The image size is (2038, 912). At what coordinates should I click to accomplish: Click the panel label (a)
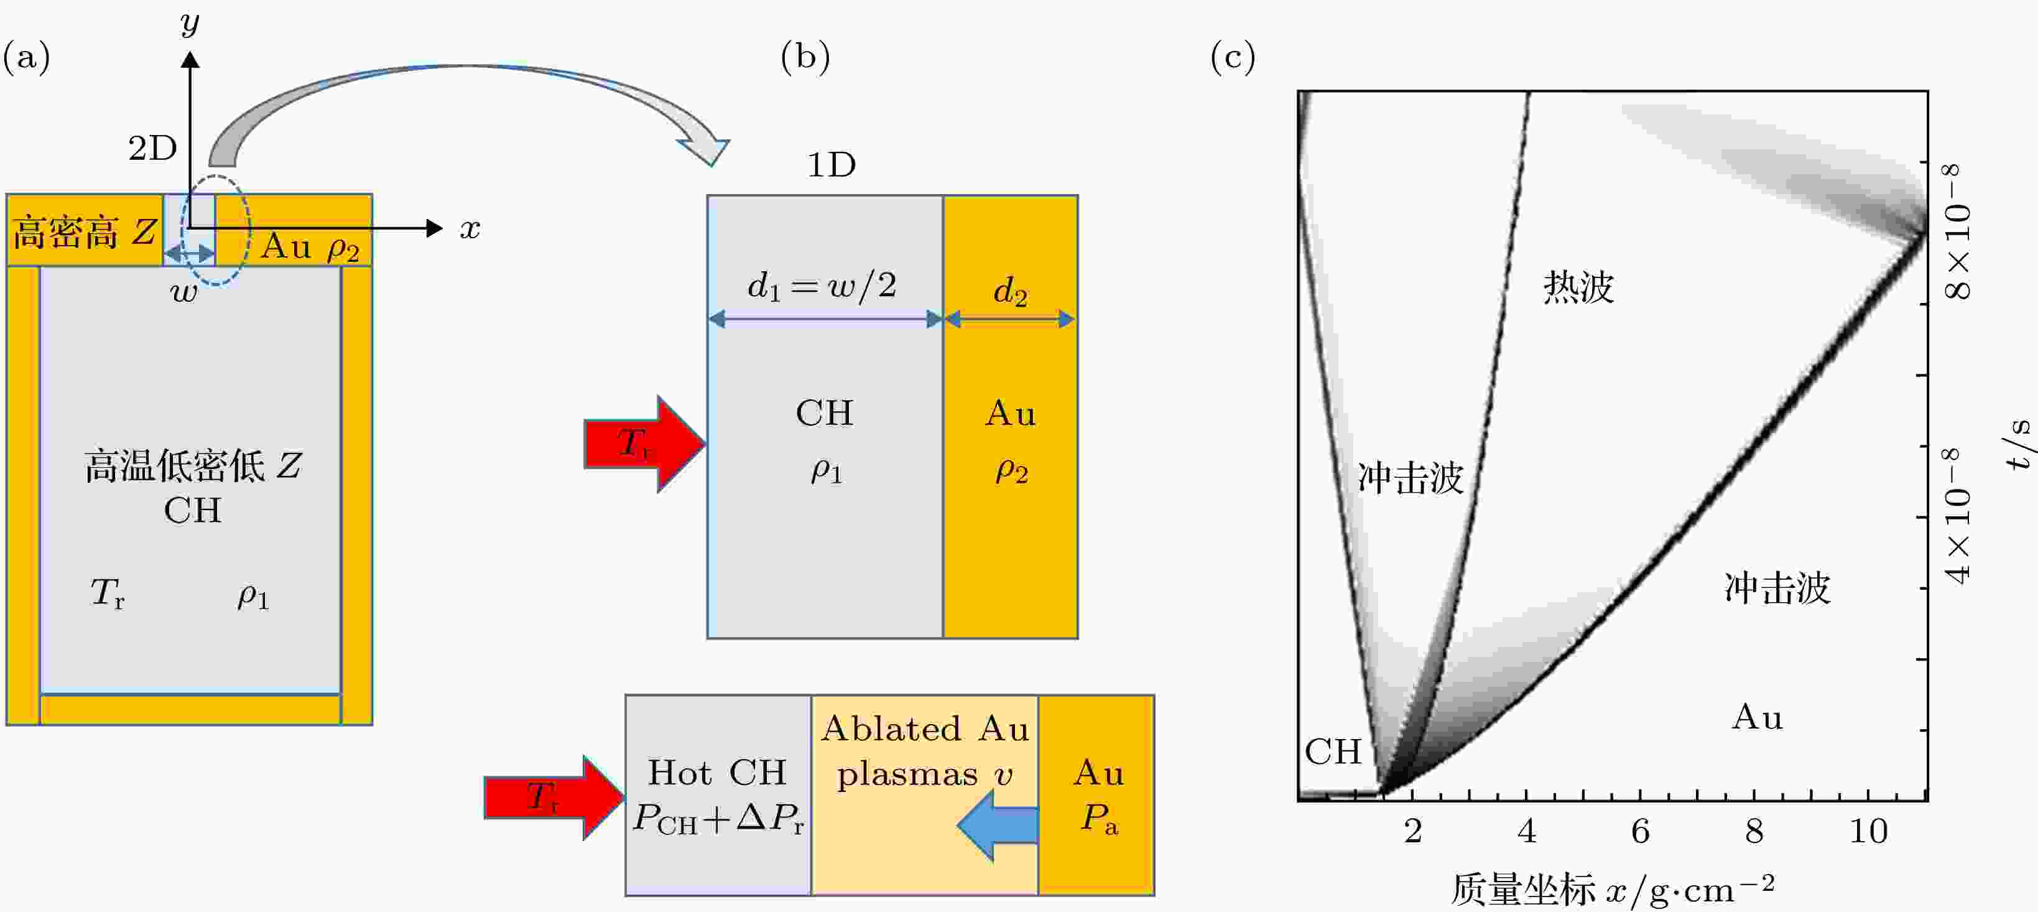27,57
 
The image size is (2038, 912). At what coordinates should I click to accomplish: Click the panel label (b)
805,57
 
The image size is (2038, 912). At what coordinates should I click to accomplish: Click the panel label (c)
1233,57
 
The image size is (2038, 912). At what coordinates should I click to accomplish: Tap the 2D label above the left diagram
153,148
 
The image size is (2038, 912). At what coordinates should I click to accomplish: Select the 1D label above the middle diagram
831,165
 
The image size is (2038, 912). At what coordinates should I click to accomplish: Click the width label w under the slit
184,293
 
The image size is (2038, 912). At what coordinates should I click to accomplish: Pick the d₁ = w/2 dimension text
822,285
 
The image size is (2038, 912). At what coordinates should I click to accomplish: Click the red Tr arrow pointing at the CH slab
645,444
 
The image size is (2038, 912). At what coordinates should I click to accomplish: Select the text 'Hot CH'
717,773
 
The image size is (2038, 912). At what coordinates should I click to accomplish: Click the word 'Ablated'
891,728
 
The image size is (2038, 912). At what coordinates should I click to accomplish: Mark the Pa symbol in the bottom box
1099,819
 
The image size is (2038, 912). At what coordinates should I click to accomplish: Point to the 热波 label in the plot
1578,287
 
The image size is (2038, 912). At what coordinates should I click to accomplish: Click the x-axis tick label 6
1640,831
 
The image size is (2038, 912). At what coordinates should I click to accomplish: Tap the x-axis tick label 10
1868,831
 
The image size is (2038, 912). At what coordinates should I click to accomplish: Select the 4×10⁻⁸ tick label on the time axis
1959,516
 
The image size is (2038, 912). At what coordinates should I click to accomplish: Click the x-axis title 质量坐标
1523,890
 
